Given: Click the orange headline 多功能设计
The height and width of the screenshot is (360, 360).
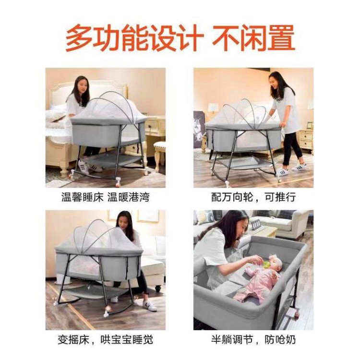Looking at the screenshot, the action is click(134, 38).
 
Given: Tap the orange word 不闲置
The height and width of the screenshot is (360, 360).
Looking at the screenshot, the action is click(253, 38).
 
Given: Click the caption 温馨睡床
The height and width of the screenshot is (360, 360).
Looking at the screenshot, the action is click(82, 197).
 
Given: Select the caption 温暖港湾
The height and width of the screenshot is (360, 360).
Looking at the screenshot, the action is click(129, 197).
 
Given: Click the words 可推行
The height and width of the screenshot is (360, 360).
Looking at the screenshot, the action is click(280, 197).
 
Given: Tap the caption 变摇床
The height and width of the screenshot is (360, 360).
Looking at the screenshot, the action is click(73, 339).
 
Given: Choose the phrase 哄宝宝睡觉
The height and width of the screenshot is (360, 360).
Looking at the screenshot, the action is click(127, 339).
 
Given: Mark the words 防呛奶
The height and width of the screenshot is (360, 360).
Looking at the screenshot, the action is click(280, 339).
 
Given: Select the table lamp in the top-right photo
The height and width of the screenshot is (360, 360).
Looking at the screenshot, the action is click(213, 109).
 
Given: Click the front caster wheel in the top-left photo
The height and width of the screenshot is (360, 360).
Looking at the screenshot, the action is click(118, 181).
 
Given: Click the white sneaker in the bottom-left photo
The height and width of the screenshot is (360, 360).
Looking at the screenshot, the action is click(150, 305).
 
